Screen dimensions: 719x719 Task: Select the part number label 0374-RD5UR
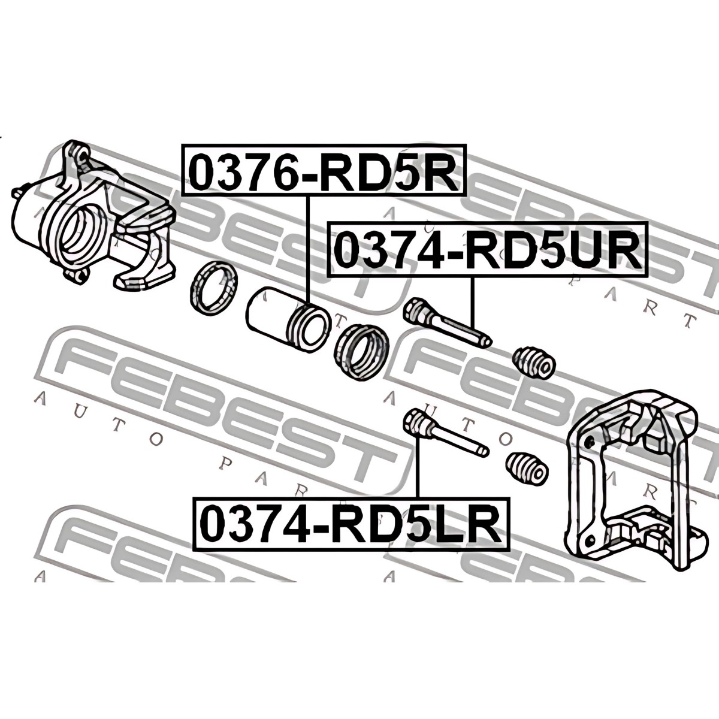pos(488,249)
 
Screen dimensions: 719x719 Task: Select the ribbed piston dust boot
pos(362,351)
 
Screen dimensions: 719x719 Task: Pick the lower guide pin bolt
pos(446,433)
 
